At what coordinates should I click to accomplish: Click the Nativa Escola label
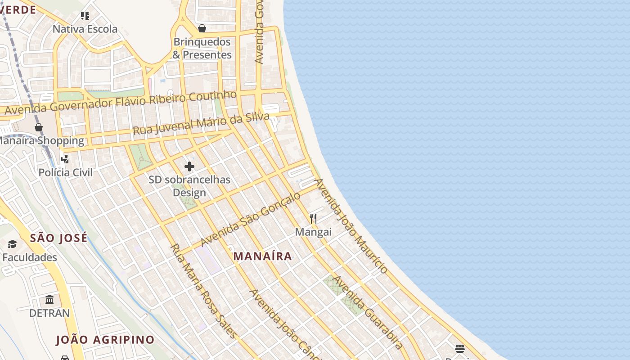pyautogui.click(x=85, y=29)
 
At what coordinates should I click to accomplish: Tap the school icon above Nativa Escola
pyautogui.click(x=85, y=16)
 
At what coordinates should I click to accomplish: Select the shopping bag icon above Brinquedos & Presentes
pyautogui.click(x=202, y=28)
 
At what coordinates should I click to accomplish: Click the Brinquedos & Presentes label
pyautogui.click(x=202, y=48)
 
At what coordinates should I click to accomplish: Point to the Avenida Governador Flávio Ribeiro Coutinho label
pyautogui.click(x=121, y=102)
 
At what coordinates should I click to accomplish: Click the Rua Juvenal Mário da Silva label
pyautogui.click(x=201, y=123)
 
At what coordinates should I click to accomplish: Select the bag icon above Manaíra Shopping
pyautogui.click(x=39, y=127)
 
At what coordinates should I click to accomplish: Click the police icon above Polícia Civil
pyautogui.click(x=65, y=159)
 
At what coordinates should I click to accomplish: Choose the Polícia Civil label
pyautogui.click(x=65, y=172)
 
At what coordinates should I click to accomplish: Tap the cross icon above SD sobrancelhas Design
pyautogui.click(x=189, y=166)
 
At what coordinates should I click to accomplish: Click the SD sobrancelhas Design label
pyautogui.click(x=189, y=186)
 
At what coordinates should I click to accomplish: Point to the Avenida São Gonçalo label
pyautogui.click(x=250, y=219)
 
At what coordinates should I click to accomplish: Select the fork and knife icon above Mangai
pyautogui.click(x=313, y=219)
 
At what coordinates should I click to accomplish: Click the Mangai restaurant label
pyautogui.click(x=313, y=232)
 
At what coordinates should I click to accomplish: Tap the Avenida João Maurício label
pyautogui.click(x=351, y=226)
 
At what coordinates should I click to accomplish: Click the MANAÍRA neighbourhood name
pyautogui.click(x=263, y=256)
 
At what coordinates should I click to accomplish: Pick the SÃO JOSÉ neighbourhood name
pyautogui.click(x=58, y=238)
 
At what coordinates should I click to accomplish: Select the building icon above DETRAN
pyautogui.click(x=49, y=299)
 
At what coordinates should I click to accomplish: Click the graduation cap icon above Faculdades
pyautogui.click(x=12, y=244)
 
